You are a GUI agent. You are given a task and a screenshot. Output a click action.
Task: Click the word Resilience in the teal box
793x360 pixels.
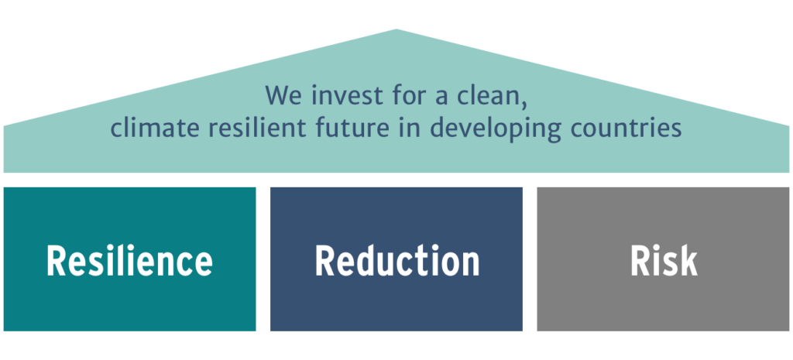coord(129,260)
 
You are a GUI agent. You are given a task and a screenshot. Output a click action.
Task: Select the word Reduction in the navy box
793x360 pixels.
coord(397,260)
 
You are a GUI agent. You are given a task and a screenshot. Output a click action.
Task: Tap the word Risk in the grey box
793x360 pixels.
coord(664,260)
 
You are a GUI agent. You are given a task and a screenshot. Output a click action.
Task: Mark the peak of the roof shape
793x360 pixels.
coord(396,29)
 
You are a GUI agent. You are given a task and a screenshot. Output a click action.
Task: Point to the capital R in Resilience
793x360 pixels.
coord(57,261)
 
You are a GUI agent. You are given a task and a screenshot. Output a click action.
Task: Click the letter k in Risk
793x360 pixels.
coord(688,260)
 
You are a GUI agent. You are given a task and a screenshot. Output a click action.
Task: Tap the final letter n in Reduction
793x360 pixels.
coord(470,265)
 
